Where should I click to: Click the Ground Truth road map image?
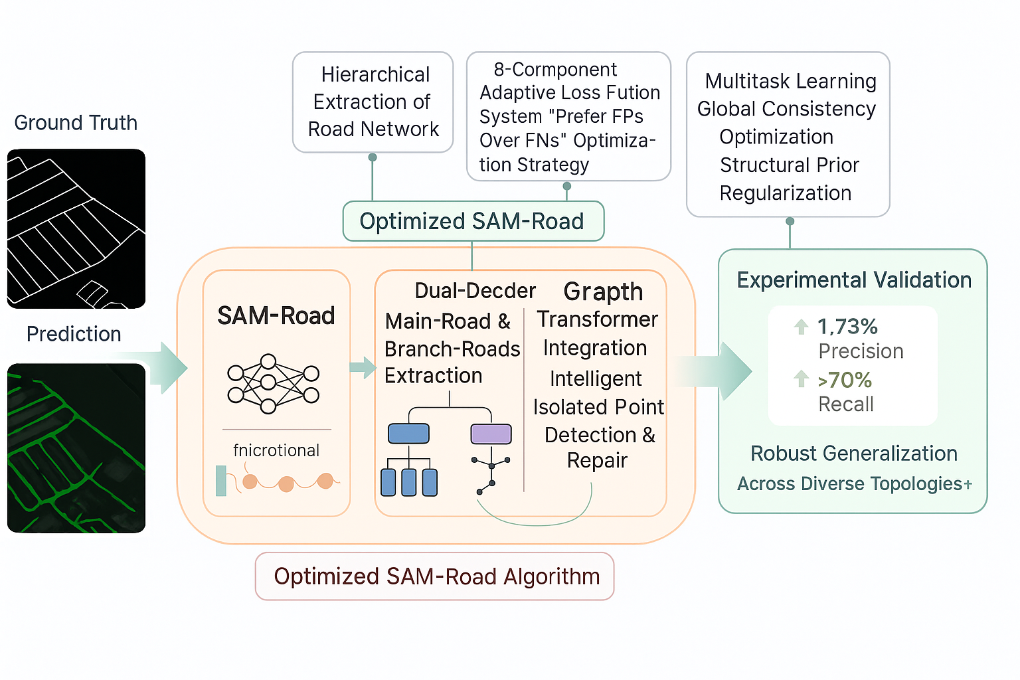[x=76, y=228]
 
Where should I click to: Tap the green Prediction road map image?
[x=76, y=448]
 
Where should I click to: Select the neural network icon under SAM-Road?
[x=273, y=384]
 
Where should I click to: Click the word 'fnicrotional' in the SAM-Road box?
[x=276, y=451]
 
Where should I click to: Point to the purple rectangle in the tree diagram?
[x=491, y=434]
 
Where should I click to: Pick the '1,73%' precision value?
[x=847, y=327]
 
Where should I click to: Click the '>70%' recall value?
[x=845, y=380]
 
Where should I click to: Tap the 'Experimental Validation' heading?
[x=854, y=280]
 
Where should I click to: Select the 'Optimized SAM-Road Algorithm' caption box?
[x=435, y=576]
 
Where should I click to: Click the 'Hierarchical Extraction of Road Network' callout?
[x=373, y=102]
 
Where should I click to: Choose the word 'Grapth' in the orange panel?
[x=603, y=292]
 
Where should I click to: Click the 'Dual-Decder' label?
[x=475, y=291]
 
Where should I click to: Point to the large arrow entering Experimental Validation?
[x=724, y=371]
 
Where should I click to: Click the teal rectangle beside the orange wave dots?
[x=221, y=481]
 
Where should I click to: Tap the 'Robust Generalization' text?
[x=854, y=454]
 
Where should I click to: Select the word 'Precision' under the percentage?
[x=861, y=351]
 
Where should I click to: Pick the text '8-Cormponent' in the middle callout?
[x=555, y=70]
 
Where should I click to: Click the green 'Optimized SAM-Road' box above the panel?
[x=472, y=221]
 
